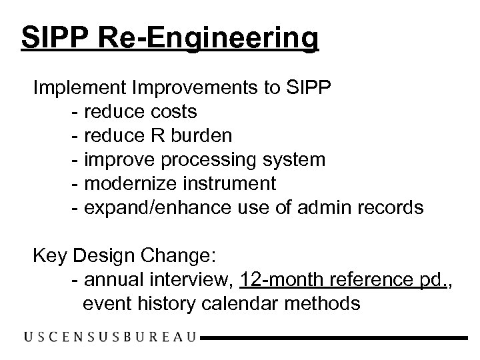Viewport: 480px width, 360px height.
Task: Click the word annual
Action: click(111, 280)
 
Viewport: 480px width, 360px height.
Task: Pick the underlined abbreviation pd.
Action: click(437, 281)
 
